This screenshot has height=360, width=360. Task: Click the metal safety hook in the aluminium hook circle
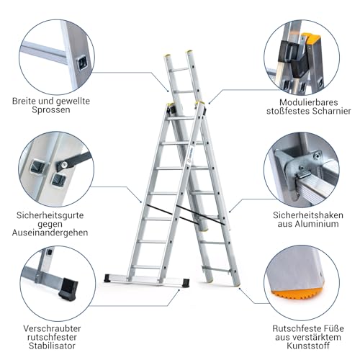(x=303, y=173)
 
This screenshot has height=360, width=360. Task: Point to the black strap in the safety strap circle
(x=76, y=159)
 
